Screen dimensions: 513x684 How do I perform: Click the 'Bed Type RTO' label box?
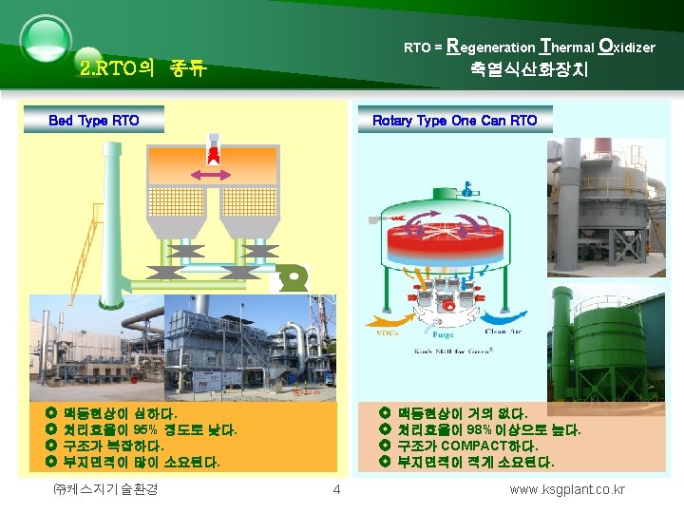[94, 120]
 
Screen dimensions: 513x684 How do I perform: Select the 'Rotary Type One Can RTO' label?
[454, 120]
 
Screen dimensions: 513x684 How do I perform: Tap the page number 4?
[335, 490]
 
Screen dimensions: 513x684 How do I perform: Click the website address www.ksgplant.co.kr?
[567, 490]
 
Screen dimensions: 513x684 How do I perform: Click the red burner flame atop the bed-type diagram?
[215, 153]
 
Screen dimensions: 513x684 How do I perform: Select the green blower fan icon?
[294, 278]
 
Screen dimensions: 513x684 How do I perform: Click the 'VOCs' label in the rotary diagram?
[389, 333]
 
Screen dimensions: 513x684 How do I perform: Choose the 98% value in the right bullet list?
[478, 430]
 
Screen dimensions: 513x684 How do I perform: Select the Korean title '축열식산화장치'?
[528, 69]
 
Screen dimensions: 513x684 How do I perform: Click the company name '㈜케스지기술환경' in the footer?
[107, 490]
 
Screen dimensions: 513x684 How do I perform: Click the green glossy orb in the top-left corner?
[45, 40]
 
